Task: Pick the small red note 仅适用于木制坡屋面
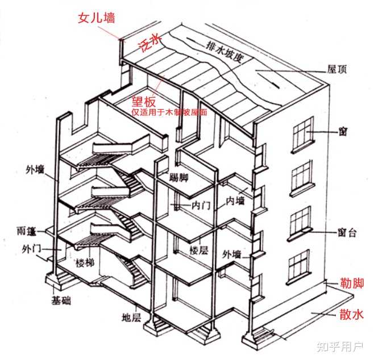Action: pos(169,112)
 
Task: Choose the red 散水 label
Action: pos(350,314)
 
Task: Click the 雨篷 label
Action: pos(27,231)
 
